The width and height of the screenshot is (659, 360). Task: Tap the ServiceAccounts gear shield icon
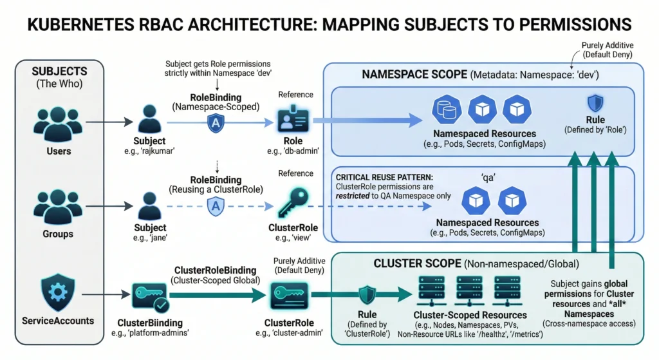pos(58,290)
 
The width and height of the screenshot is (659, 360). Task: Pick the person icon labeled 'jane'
pos(149,205)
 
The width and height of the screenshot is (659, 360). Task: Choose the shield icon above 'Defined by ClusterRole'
pos(367,296)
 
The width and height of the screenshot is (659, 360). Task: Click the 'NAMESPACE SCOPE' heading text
pos(414,74)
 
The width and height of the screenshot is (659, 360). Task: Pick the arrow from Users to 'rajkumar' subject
pos(106,120)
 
